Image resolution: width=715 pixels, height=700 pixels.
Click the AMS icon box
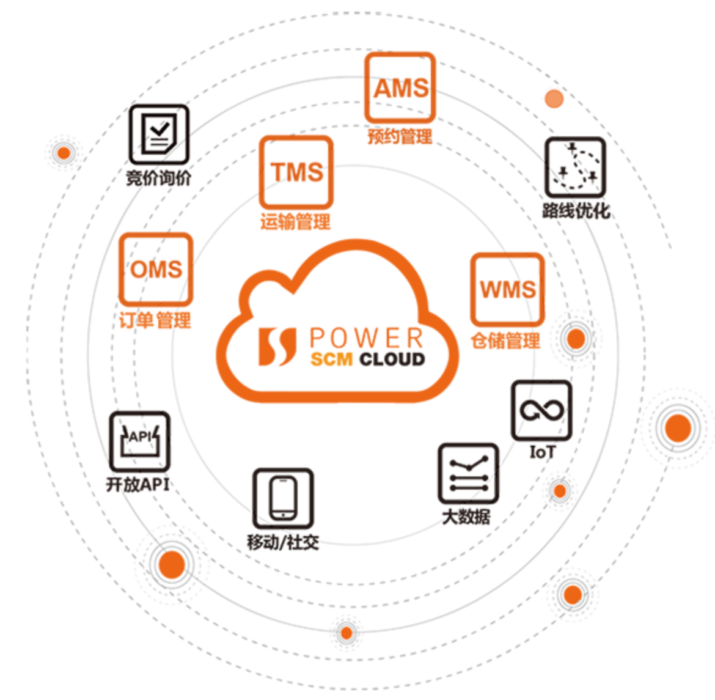click(400, 87)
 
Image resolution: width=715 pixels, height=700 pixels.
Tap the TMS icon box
click(296, 172)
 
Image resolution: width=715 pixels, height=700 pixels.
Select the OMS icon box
click(156, 269)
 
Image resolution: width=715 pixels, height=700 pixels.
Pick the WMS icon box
click(507, 289)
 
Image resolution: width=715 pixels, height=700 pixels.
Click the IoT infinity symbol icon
click(541, 410)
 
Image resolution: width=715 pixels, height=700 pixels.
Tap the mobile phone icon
click(283, 498)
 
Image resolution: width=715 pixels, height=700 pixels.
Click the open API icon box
click(139, 441)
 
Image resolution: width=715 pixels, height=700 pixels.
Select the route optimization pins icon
click(575, 167)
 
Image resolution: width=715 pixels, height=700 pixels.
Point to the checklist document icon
click(158, 134)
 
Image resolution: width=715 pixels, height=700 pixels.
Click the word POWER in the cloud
click(366, 338)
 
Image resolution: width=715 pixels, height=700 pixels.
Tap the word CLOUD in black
click(392, 359)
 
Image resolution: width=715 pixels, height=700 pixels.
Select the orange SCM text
click(331, 359)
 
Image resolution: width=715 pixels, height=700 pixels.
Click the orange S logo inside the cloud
click(277, 347)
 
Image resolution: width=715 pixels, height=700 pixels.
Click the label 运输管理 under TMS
click(295, 221)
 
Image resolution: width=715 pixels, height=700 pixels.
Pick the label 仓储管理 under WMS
click(505, 341)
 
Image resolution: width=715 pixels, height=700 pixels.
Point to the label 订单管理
click(155, 320)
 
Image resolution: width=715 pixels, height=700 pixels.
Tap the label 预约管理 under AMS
click(400, 136)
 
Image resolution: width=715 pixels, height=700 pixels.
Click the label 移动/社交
click(282, 542)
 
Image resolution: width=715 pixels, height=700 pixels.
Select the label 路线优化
click(576, 211)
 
